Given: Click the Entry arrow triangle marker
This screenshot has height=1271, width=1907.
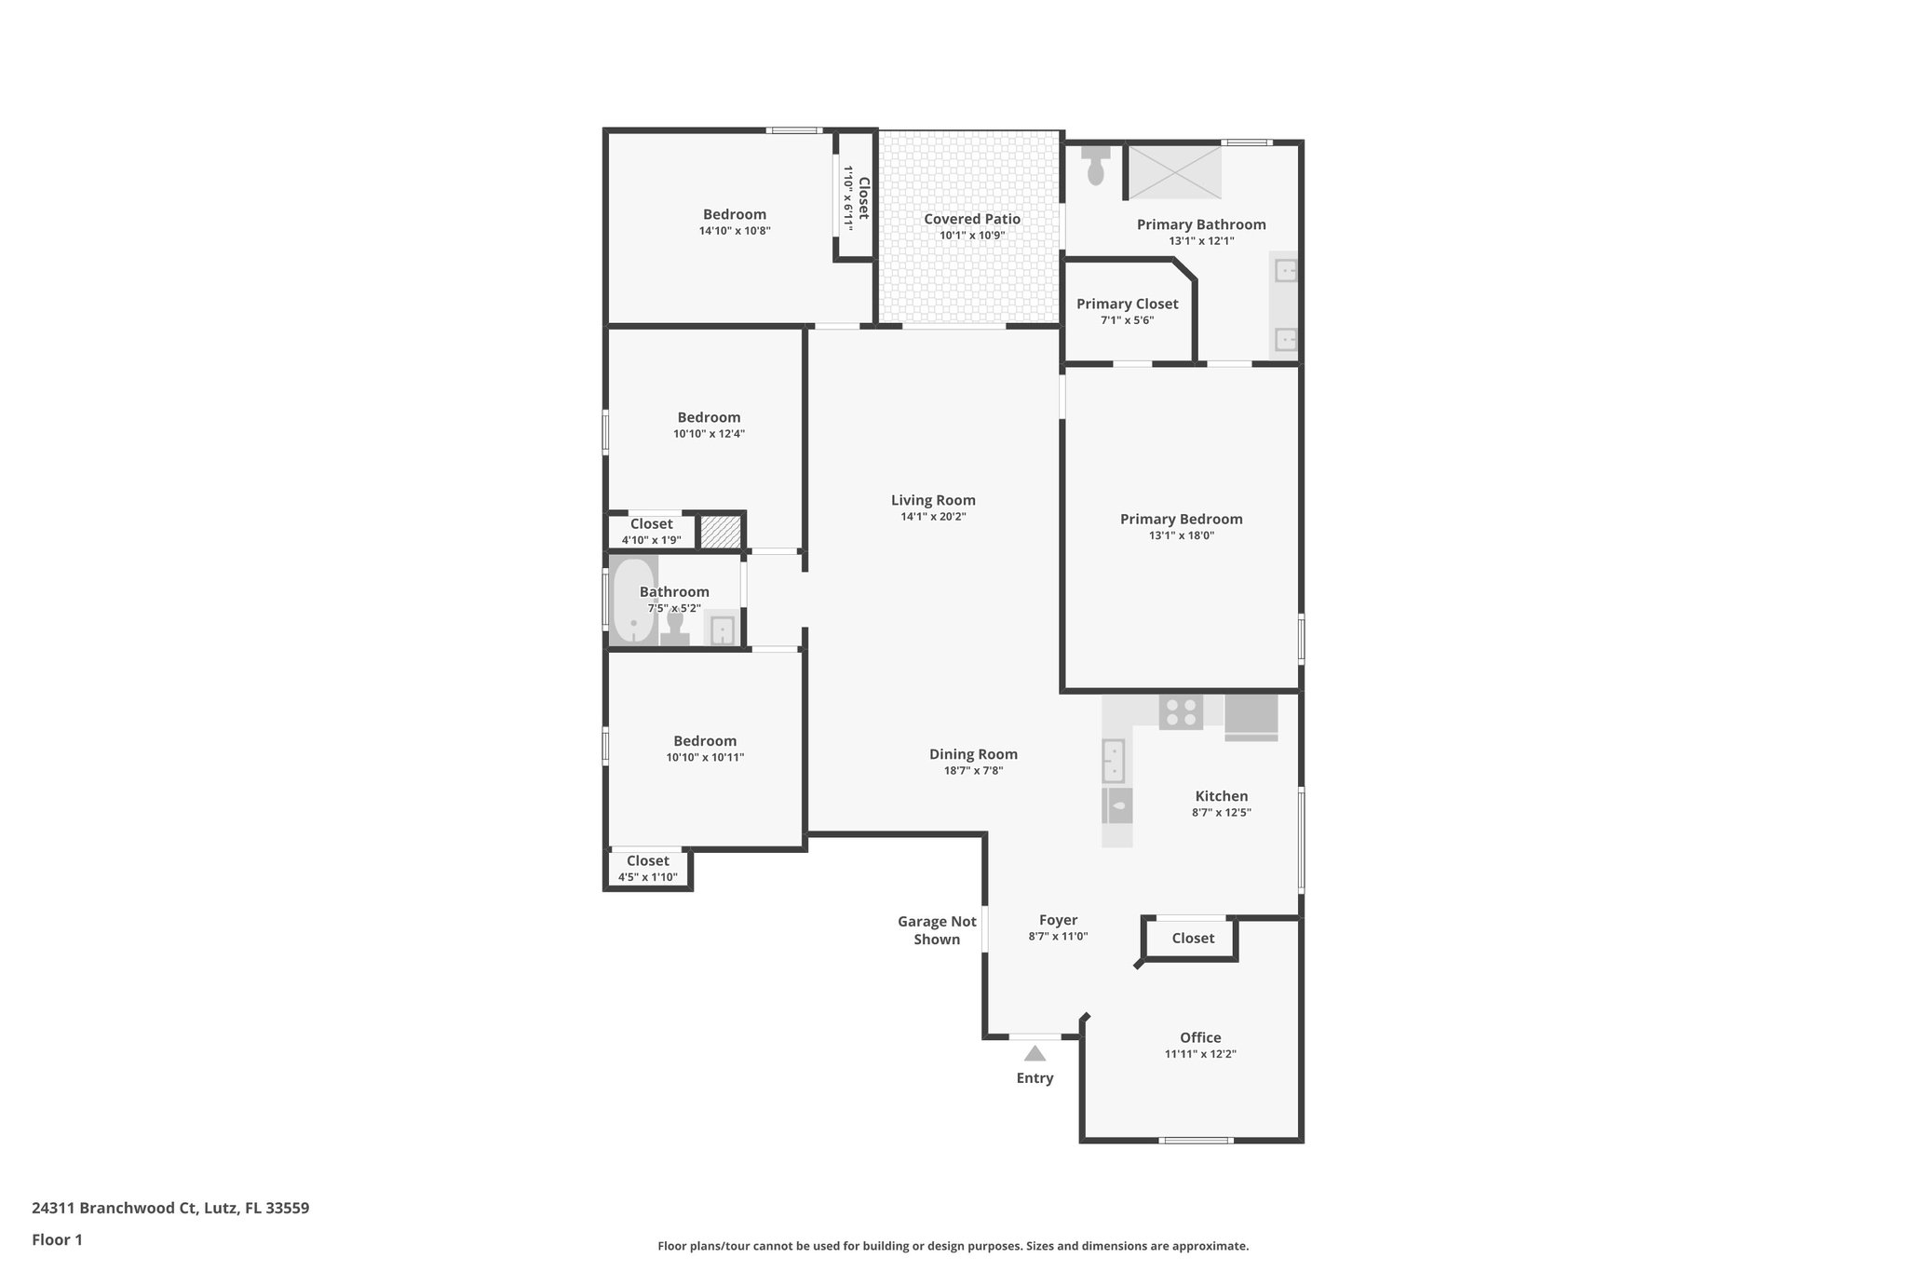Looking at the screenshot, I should (x=1035, y=1054).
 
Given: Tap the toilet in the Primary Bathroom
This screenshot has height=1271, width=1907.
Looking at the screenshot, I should (x=1096, y=165).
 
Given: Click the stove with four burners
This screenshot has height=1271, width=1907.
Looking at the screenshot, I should (x=1181, y=712).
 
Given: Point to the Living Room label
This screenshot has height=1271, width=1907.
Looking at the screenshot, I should (x=933, y=500).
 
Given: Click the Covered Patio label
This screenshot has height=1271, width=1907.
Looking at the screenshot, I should (x=971, y=219).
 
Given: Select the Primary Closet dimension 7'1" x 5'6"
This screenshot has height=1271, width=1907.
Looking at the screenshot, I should (x=1127, y=320).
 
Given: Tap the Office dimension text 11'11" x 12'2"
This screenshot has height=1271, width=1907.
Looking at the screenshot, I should (x=1199, y=1054).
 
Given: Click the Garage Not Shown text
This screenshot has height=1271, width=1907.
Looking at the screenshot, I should (x=937, y=930).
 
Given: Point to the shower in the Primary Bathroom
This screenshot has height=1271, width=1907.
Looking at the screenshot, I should (x=1174, y=172).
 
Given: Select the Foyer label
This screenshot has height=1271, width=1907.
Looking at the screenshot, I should (x=1058, y=920).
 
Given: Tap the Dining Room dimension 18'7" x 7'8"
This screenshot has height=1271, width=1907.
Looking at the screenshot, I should (x=973, y=771).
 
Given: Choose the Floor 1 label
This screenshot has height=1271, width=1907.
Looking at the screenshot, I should (x=57, y=1239).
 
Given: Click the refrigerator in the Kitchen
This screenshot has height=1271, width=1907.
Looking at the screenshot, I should (x=1251, y=717).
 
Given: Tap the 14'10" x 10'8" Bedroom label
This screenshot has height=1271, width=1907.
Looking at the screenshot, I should (x=734, y=214).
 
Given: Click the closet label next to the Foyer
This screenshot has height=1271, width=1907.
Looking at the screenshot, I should (x=1192, y=939).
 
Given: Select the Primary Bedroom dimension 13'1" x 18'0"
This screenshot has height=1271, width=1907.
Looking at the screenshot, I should (x=1181, y=535).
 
